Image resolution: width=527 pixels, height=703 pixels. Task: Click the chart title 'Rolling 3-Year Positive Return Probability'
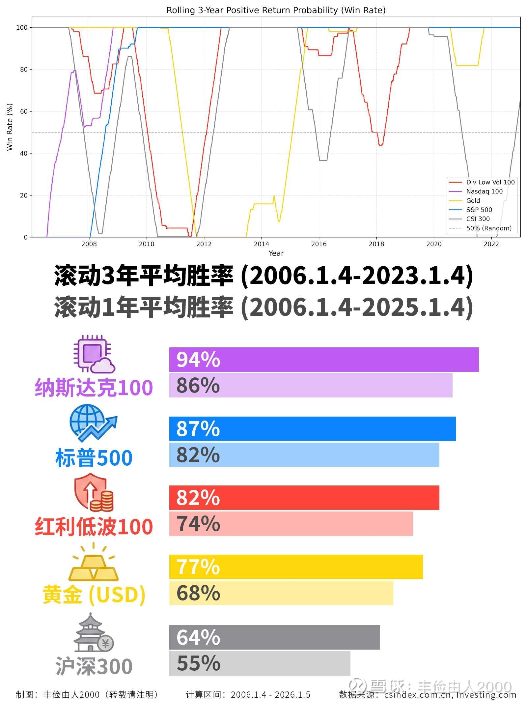coord(276,10)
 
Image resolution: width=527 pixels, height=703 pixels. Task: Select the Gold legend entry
coord(473,201)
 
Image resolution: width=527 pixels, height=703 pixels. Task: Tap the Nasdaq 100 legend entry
coord(484,191)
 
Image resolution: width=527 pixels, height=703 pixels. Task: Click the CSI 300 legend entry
coord(478,219)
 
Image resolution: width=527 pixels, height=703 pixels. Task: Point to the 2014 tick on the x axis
coord(261,244)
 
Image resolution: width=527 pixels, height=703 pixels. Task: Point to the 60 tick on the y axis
coord(23,111)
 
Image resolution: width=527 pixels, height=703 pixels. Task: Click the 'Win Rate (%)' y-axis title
coord(10,127)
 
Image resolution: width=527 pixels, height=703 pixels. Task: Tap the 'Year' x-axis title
coord(276,253)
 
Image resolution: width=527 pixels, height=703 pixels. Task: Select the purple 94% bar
coord(323,359)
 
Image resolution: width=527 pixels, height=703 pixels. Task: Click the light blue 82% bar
coord(304,455)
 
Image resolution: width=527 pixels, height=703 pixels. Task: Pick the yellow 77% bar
coord(295,567)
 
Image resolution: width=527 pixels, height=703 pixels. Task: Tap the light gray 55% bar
coord(260,663)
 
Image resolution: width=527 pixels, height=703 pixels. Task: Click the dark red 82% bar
coord(304,498)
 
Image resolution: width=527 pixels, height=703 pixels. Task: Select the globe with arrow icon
coord(93,424)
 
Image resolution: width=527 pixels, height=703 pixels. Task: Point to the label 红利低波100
coord(94,526)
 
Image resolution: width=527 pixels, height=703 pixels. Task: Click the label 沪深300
coord(94,666)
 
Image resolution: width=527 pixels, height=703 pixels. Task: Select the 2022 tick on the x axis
coord(491,244)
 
